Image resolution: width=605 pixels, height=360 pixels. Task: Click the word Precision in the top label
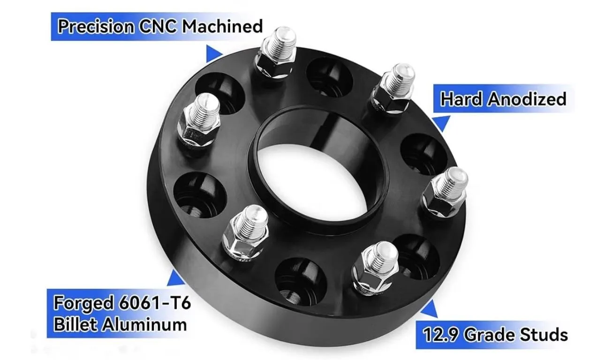point(96,26)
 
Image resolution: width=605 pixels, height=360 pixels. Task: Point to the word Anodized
point(527,99)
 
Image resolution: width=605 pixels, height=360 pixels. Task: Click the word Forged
point(83,303)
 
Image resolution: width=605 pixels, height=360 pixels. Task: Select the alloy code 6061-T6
point(155,302)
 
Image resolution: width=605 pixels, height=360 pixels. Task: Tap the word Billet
point(77,324)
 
